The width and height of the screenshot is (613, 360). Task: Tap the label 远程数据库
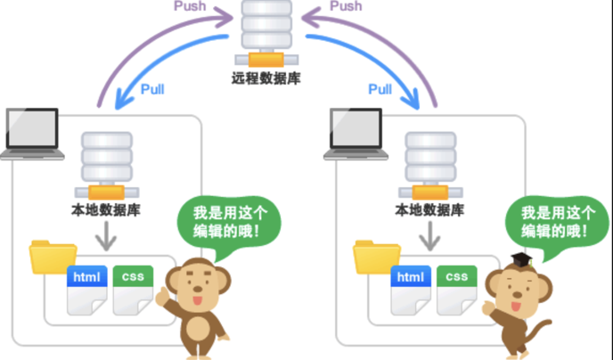(266, 78)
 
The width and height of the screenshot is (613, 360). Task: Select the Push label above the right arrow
(346, 7)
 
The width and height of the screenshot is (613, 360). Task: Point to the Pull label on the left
(153, 88)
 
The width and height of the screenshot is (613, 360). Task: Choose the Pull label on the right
(380, 88)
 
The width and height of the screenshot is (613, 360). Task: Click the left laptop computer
(34, 134)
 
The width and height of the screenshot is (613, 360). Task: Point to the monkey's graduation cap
(519, 260)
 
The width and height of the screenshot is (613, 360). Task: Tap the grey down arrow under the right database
(431, 235)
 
